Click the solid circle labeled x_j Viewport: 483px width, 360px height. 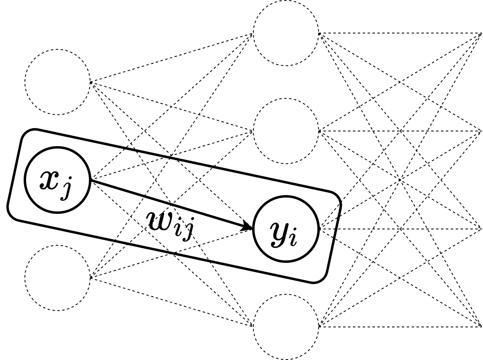tap(58, 180)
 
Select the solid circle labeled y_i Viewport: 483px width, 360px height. tap(286, 229)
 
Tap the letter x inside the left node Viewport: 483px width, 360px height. tap(49, 180)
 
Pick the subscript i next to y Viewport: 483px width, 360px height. tap(292, 238)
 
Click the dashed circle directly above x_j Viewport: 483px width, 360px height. tap(58, 82)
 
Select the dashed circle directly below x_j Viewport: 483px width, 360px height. tap(58, 278)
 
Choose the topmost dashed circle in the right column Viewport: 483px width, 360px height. tap(286, 33)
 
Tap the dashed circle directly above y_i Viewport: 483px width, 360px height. tap(286, 131)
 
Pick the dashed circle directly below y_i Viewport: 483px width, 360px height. tap(286, 327)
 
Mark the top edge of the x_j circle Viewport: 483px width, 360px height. tap(58, 149)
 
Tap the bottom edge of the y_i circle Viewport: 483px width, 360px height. tap(286, 260)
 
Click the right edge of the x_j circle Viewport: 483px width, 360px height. tap(88, 180)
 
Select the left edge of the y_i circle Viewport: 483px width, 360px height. tap(255, 229)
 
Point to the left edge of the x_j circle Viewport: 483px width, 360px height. tap(27, 180)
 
